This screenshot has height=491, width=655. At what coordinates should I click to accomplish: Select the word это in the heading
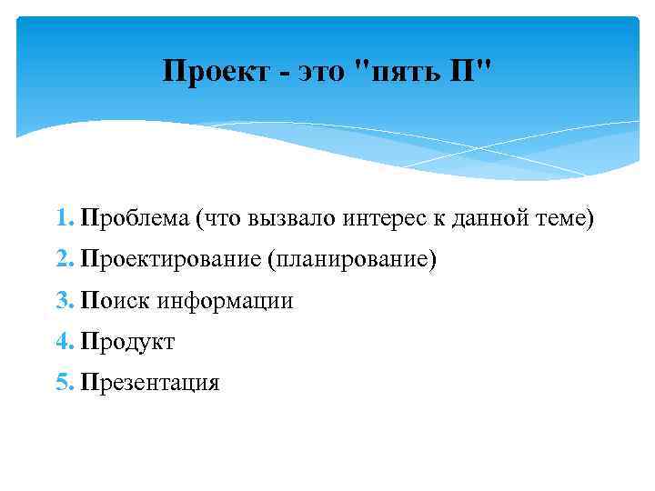tap(318, 72)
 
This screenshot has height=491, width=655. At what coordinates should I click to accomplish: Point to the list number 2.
tap(62, 260)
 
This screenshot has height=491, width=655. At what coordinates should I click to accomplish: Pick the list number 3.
tap(62, 301)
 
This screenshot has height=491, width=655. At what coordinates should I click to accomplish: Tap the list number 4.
tap(62, 342)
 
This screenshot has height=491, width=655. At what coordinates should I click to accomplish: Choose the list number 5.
tap(62, 383)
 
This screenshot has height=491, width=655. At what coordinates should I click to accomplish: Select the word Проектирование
tap(171, 260)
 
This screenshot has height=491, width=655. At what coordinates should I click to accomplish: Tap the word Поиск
tap(116, 301)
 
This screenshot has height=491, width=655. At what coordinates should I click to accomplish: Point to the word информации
tap(225, 301)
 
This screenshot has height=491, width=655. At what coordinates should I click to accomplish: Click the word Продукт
tap(127, 342)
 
